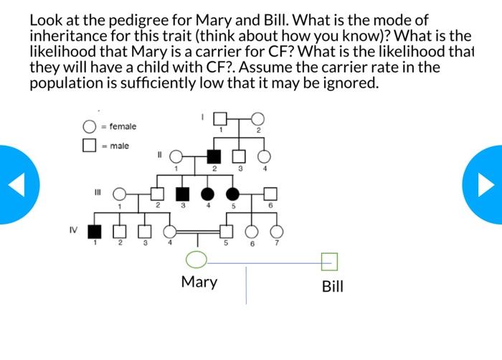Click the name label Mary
point(199,282)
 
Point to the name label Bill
point(332,287)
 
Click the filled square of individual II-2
point(214,155)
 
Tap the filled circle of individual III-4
point(208,193)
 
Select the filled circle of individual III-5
point(232,193)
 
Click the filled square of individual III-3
point(183,193)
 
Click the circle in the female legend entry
point(90,128)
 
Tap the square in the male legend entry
point(90,146)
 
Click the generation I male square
point(221,118)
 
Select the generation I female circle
point(257,118)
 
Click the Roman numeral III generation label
point(97,191)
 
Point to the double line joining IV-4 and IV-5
point(199,232)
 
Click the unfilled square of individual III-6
point(270,193)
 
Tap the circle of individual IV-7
point(276,231)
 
